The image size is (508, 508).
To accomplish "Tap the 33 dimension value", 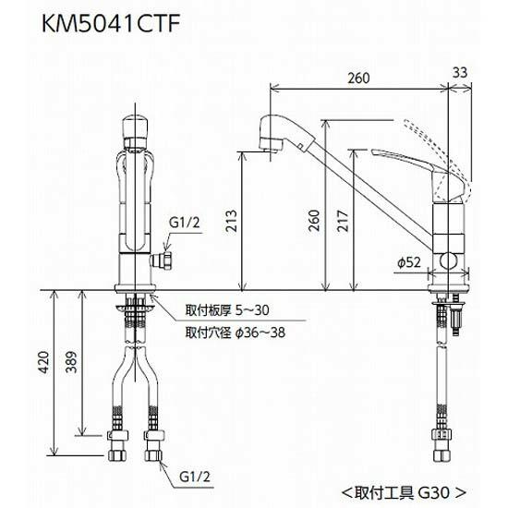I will [x=461, y=73].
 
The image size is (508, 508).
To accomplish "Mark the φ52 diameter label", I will [x=410, y=262].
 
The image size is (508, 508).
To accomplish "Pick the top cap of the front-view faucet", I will [x=134, y=126].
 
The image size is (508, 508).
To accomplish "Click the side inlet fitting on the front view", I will [x=166, y=260].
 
